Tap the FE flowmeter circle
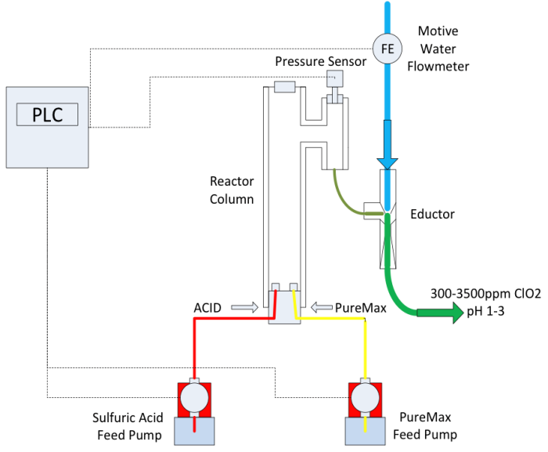tap(386, 49)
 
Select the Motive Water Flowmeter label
tap(443, 49)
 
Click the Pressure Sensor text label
tap(321, 61)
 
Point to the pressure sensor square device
tap(336, 79)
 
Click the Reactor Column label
tap(232, 190)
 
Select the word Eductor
tap(432, 213)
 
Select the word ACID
tap(209, 307)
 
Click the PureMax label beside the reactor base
tap(361, 307)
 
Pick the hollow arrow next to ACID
tap(243, 307)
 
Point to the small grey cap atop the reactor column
tap(284, 87)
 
